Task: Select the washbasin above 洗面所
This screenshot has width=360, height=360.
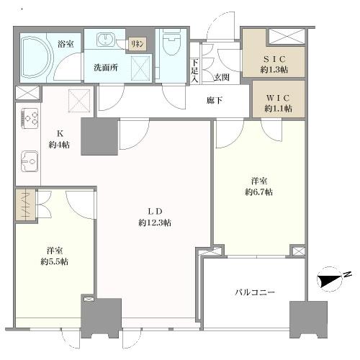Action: pos(105,40)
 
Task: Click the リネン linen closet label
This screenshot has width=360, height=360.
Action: pos(138,44)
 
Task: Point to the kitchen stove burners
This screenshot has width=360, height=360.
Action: pos(30,118)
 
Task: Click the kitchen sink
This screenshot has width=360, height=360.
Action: pos(30,161)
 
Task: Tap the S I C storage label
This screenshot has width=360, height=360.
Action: pos(274,58)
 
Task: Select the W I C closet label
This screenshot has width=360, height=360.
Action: pos(278,98)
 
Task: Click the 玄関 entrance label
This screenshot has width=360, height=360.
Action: pos(222,77)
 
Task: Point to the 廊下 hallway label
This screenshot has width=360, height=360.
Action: pos(215,101)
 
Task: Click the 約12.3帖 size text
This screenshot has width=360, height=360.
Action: pos(155,223)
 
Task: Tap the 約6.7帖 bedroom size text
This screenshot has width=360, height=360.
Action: pos(258,192)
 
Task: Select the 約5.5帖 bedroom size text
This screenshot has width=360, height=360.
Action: pos(54,261)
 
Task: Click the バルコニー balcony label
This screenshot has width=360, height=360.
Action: pos(255,292)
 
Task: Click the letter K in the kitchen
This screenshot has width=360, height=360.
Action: pos(59,133)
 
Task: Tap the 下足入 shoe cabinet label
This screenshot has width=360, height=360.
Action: pos(194,71)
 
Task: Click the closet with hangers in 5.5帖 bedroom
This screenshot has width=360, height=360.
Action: pos(25,204)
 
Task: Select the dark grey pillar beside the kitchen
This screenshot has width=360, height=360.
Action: pos(99,136)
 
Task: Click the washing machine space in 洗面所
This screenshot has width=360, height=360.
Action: pos(140,69)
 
